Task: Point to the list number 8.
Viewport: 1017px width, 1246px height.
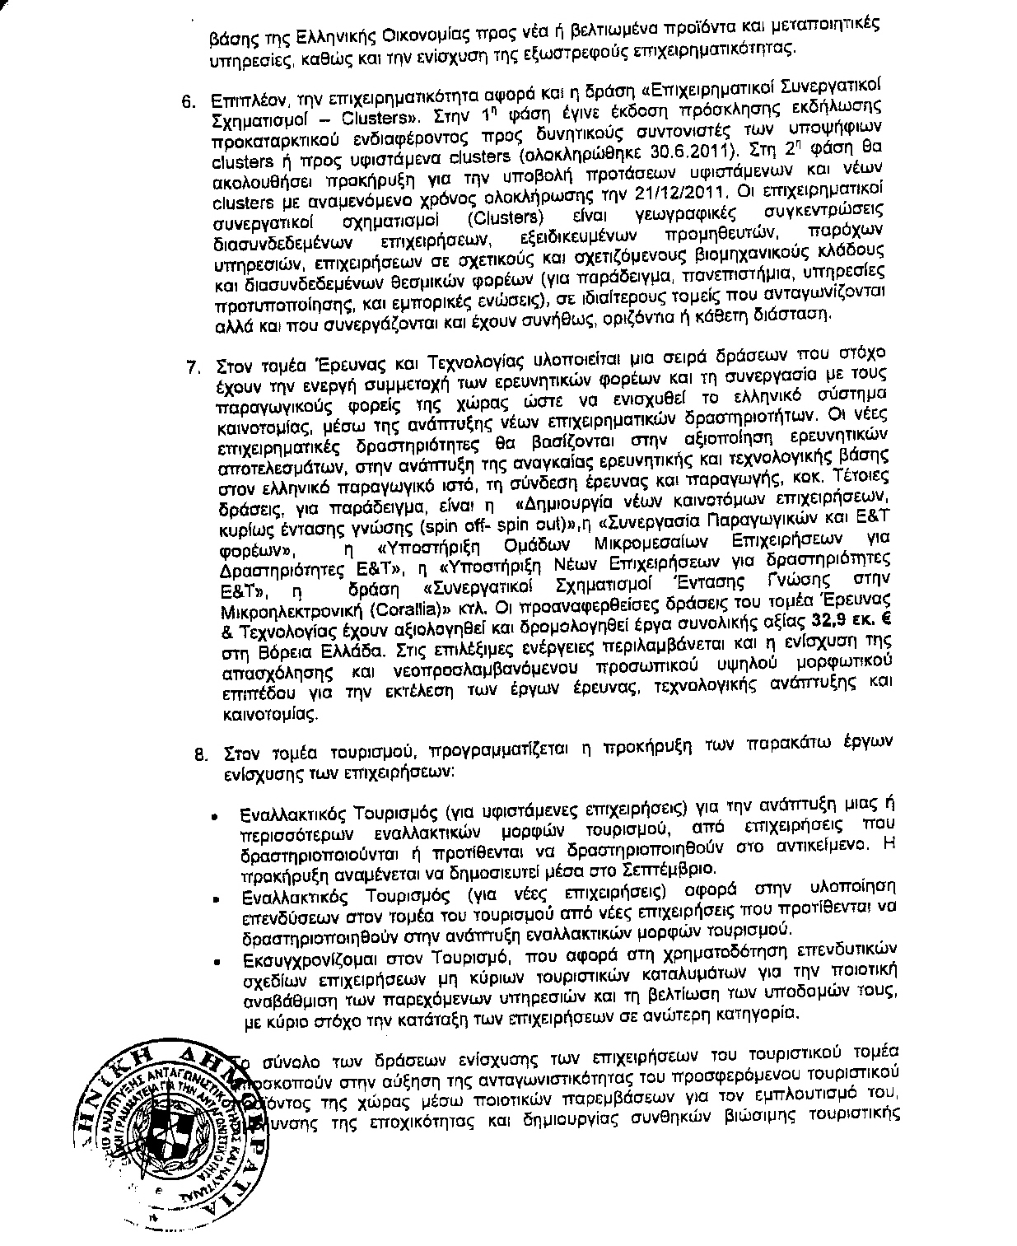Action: point(199,753)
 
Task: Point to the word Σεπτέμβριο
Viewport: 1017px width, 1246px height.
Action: point(681,870)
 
